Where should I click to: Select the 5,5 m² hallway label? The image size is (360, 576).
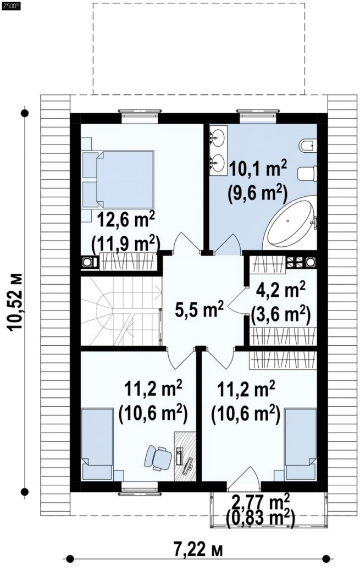[x=199, y=309]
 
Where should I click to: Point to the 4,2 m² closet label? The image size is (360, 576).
[x=281, y=291]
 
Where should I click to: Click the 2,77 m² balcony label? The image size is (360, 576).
[x=261, y=500]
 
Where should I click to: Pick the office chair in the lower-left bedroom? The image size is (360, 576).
[x=159, y=457]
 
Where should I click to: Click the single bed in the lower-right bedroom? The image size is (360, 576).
[x=301, y=444]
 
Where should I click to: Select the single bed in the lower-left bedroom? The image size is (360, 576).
[x=97, y=444]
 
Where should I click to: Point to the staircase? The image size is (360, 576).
[x=121, y=311]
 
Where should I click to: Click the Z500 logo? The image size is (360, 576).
[x=10, y=5]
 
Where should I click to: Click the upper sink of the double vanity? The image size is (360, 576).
[x=218, y=138]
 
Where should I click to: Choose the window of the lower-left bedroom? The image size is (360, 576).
[x=140, y=486]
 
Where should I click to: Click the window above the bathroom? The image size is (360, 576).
[x=258, y=115]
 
